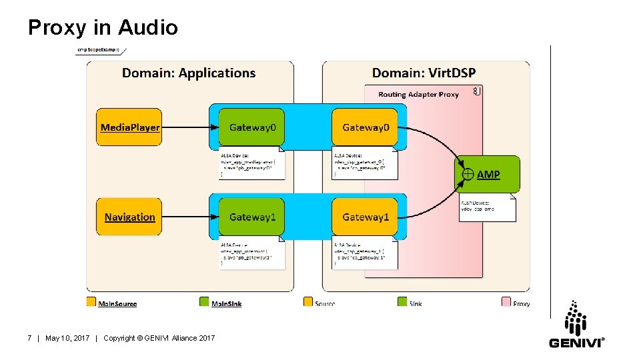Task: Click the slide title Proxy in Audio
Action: pos(103,27)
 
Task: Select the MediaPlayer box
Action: pos(129,127)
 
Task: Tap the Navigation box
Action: pos(129,217)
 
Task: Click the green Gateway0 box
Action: pos(251,127)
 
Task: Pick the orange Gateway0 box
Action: pos(365,127)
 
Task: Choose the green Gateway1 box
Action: pos(251,217)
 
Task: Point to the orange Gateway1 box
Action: pos(365,217)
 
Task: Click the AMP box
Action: pos(488,174)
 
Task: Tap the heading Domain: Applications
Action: pos(189,73)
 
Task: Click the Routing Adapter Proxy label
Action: pos(418,94)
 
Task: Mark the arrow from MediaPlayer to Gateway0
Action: pos(189,127)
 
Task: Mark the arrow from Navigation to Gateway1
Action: pos(189,217)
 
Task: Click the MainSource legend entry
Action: pos(117,303)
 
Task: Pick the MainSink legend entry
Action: pos(226,303)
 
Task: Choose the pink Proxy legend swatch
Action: pos(506,302)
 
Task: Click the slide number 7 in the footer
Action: pos(29,339)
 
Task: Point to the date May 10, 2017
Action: pos(67,339)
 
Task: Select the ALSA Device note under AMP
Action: pos(486,207)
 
